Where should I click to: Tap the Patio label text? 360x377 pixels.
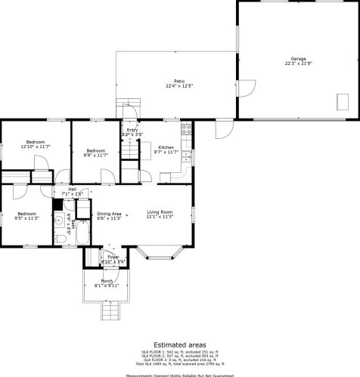coord(179,82)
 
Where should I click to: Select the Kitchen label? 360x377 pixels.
coord(166,149)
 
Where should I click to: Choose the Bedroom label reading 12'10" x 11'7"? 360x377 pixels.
coord(36,144)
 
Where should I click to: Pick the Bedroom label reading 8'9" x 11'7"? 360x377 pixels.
coord(95,153)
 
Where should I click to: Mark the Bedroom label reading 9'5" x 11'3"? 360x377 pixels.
coord(26,216)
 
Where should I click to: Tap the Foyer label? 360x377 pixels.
coord(113,259)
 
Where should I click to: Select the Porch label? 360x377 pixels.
coord(107,283)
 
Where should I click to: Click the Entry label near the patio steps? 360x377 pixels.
coord(132,131)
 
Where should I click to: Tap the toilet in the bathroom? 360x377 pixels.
coord(59,239)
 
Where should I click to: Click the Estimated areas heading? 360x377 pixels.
coord(179,344)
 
